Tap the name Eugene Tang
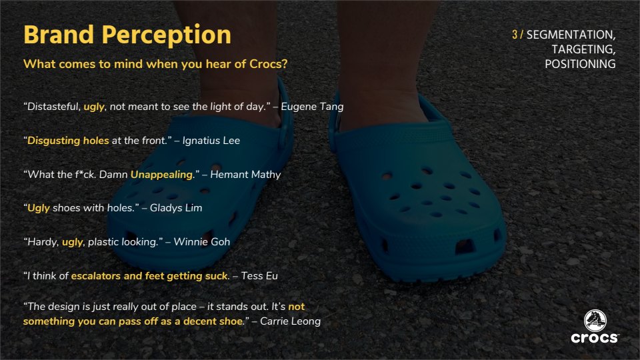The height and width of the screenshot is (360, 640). (312, 107)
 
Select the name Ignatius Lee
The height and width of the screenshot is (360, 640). (211, 141)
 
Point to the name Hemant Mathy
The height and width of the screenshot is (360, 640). (245, 175)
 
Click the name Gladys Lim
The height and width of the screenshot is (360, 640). (176, 208)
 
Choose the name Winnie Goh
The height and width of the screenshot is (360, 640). (201, 242)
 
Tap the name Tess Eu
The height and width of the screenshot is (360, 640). (259, 276)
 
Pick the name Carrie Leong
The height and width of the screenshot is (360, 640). (290, 321)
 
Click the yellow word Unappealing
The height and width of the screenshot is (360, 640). (161, 175)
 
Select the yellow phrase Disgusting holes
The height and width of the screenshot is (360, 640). (68, 141)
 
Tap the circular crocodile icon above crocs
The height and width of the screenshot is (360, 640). (595, 321)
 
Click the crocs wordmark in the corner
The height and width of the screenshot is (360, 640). (594, 338)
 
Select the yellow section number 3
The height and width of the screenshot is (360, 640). (515, 35)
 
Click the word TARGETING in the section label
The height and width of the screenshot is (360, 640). (583, 49)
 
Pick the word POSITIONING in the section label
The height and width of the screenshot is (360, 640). (580, 64)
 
